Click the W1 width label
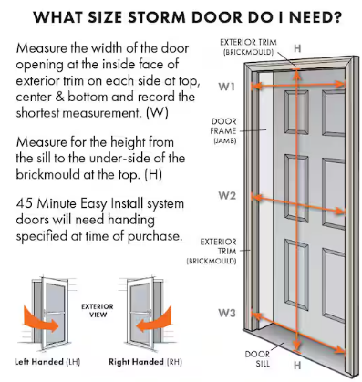click(x=226, y=87)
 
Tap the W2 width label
click(x=227, y=195)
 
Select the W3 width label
click(x=227, y=313)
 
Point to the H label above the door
click(x=297, y=48)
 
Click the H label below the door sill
click(x=297, y=365)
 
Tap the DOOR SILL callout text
click(x=257, y=358)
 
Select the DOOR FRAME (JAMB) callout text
click(x=223, y=131)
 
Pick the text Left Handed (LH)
click(x=47, y=362)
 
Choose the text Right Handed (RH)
click(x=145, y=362)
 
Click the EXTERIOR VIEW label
click(x=98, y=310)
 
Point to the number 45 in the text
click(x=25, y=203)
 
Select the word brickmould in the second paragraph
click(x=47, y=174)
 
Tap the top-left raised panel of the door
click(x=296, y=112)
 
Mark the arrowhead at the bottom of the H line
click(x=297, y=346)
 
